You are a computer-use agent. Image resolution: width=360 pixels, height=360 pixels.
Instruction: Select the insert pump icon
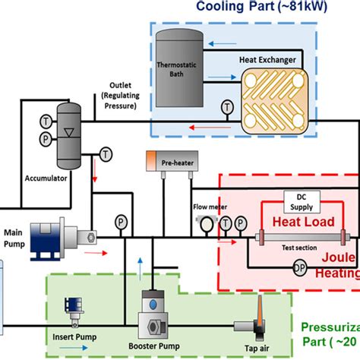click(x=74, y=308)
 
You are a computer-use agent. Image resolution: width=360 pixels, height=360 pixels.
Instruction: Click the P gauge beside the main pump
click(x=119, y=222)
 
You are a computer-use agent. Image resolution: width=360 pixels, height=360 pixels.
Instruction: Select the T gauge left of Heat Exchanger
click(x=225, y=106)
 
